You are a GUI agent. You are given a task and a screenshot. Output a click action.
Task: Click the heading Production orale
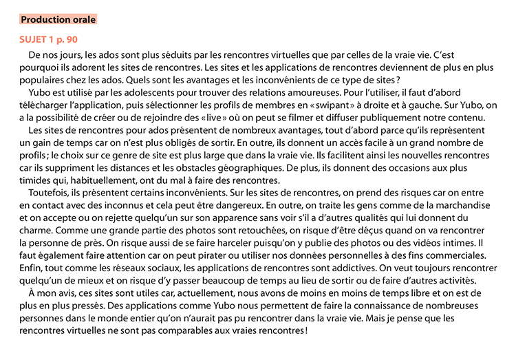pos(58,19)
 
